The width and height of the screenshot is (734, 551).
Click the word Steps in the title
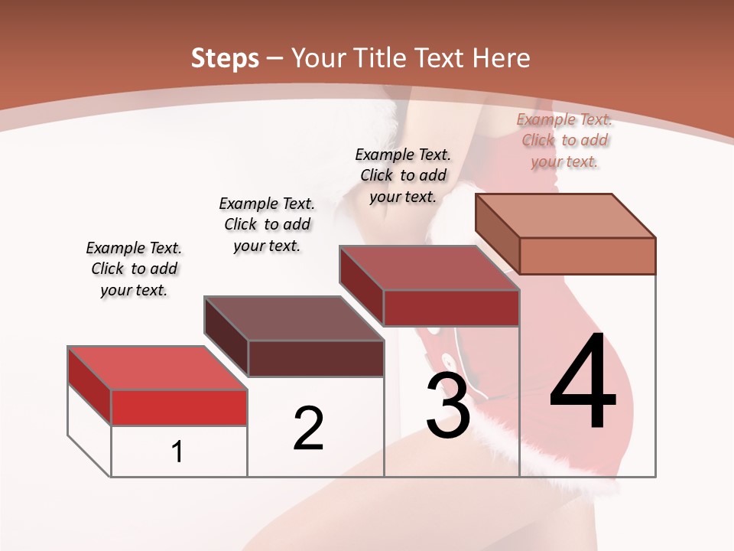[225, 58]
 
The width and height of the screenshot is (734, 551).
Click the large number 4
[583, 382]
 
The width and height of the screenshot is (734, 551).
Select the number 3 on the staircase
[448, 406]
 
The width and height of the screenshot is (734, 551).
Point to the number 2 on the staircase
[308, 428]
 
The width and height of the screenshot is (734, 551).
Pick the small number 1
[177, 452]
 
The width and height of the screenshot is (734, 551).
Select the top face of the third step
[430, 268]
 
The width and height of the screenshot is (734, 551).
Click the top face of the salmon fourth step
[566, 216]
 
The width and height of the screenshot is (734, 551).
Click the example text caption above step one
[134, 269]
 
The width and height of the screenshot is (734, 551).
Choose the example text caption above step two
[267, 224]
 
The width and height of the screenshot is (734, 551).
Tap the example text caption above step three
[403, 175]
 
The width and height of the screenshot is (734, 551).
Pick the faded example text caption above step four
[564, 140]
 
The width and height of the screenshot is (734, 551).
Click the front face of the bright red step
[179, 407]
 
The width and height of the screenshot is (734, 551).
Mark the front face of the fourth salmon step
[587, 256]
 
